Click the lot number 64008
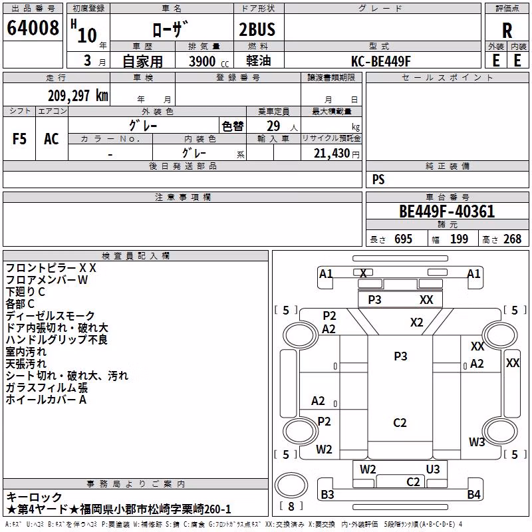pyautogui.click(x=33, y=27)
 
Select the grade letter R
pyautogui.click(x=507, y=31)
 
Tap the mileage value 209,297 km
pyautogui.click(x=78, y=96)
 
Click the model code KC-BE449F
pyautogui.click(x=380, y=61)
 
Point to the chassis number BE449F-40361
pyautogui.click(x=447, y=211)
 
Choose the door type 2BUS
pyautogui.click(x=257, y=29)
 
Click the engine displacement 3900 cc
pyautogui.click(x=209, y=62)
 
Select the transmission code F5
pyautogui.click(x=19, y=139)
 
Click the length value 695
pyautogui.click(x=403, y=239)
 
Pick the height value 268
pyautogui.click(x=512, y=239)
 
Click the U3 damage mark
pyautogui.click(x=433, y=469)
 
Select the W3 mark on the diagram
pyautogui.click(x=477, y=442)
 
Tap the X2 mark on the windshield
pyautogui.click(x=417, y=322)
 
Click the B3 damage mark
pyautogui.click(x=327, y=494)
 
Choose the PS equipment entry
pyautogui.click(x=378, y=180)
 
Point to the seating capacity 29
pyautogui.click(x=273, y=126)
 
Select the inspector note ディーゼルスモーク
pyautogui.click(x=51, y=315)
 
